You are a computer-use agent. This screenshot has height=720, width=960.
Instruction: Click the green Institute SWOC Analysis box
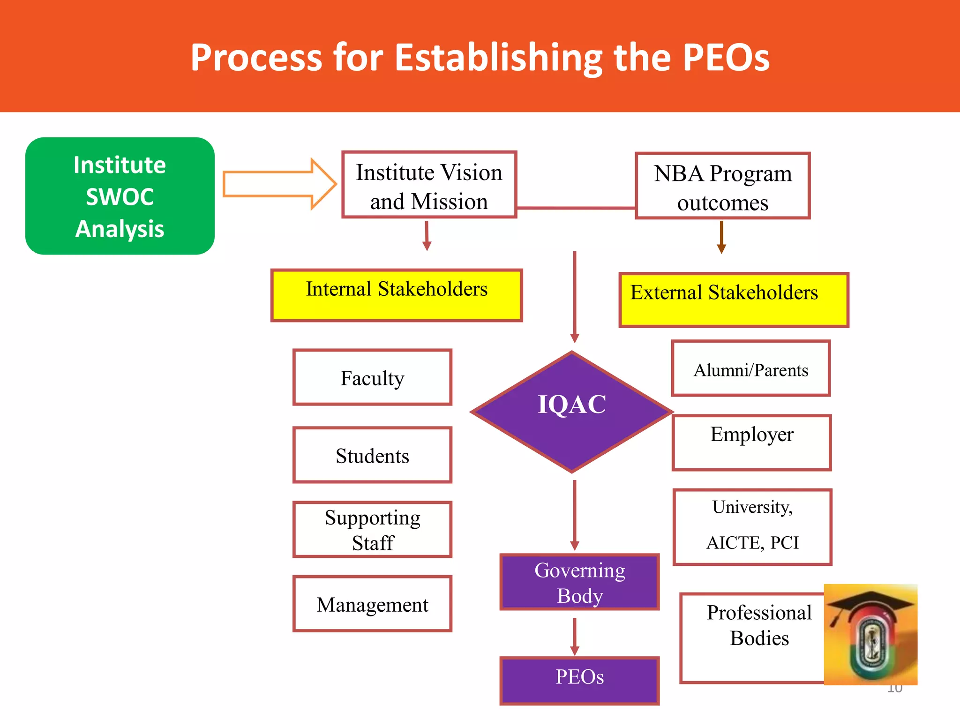pyautogui.click(x=120, y=196)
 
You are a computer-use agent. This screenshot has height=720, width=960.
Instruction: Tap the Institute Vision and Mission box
pyautogui.click(x=429, y=185)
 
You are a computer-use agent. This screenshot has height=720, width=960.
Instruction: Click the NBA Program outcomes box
pyautogui.click(x=722, y=186)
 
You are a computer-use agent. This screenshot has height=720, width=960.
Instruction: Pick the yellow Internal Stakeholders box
pyautogui.click(x=397, y=295)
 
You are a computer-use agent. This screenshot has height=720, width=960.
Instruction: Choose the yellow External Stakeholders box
pyautogui.click(x=734, y=300)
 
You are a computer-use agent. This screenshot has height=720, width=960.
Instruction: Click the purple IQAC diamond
pyautogui.click(x=572, y=411)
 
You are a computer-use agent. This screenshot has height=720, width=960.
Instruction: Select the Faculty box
pyautogui.click(x=372, y=377)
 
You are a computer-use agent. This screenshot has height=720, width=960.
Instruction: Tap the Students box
pyautogui.click(x=372, y=455)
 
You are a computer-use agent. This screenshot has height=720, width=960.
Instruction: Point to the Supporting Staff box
pyautogui.click(x=372, y=530)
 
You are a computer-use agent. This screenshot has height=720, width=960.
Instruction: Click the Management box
pyautogui.click(x=372, y=604)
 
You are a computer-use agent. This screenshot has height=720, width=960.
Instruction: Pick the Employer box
pyautogui.click(x=751, y=442)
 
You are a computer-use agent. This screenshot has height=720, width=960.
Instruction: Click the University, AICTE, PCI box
pyautogui.click(x=752, y=527)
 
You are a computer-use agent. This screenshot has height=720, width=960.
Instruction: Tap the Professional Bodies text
pyautogui.click(x=759, y=625)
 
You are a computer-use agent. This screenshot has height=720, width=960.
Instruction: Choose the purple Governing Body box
pyautogui.click(x=580, y=583)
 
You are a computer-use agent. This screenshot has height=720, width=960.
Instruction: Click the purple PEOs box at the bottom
pyautogui.click(x=580, y=680)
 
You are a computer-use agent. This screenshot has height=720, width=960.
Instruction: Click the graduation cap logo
pyautogui.click(x=870, y=634)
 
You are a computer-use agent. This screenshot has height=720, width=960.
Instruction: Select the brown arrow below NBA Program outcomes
pyautogui.click(x=721, y=238)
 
